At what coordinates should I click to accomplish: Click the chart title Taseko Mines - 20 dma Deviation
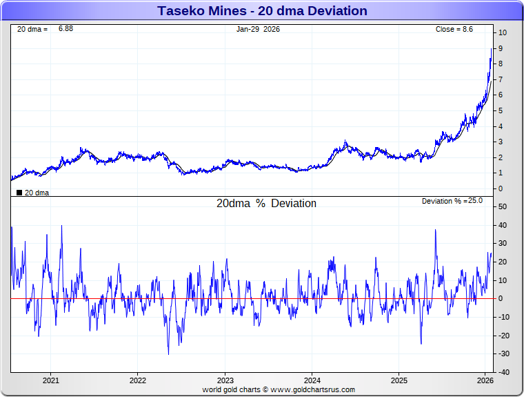pyautogui.click(x=262, y=11)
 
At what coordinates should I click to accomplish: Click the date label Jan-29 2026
pyautogui.click(x=258, y=29)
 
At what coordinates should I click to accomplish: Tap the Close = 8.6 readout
pyautogui.click(x=454, y=29)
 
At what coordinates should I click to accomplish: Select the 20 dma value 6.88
pyautogui.click(x=65, y=29)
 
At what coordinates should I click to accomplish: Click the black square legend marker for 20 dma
pyautogui.click(x=19, y=193)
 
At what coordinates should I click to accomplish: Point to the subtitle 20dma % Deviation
pyautogui.click(x=266, y=204)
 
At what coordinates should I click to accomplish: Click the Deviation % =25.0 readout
pyautogui.click(x=452, y=201)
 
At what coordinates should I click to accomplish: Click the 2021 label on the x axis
pyautogui.click(x=50, y=380)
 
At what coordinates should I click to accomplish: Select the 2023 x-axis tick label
pyautogui.click(x=225, y=380)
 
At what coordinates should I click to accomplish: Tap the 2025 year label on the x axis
pyautogui.click(x=399, y=380)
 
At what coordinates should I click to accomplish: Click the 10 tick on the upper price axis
pyautogui.click(x=503, y=32)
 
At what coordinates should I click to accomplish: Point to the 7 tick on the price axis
pyautogui.click(x=501, y=79)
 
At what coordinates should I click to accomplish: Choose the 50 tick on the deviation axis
pyautogui.click(x=503, y=206)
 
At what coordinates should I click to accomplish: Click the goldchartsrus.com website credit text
pyautogui.click(x=279, y=389)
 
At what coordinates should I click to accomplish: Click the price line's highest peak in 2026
pyautogui.click(x=492, y=48)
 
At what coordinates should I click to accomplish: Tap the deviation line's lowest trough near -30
pyautogui.click(x=168, y=354)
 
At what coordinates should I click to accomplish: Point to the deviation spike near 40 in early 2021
pyautogui.click(x=62, y=226)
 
